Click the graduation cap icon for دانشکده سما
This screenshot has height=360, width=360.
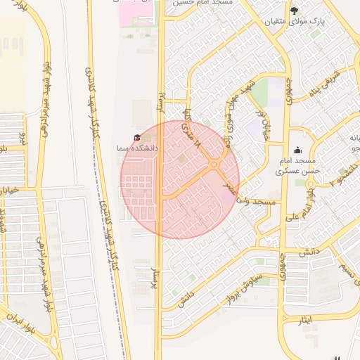[137, 138]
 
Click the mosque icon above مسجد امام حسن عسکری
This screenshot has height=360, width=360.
[298, 150]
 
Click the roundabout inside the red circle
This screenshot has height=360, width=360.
[214, 165]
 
